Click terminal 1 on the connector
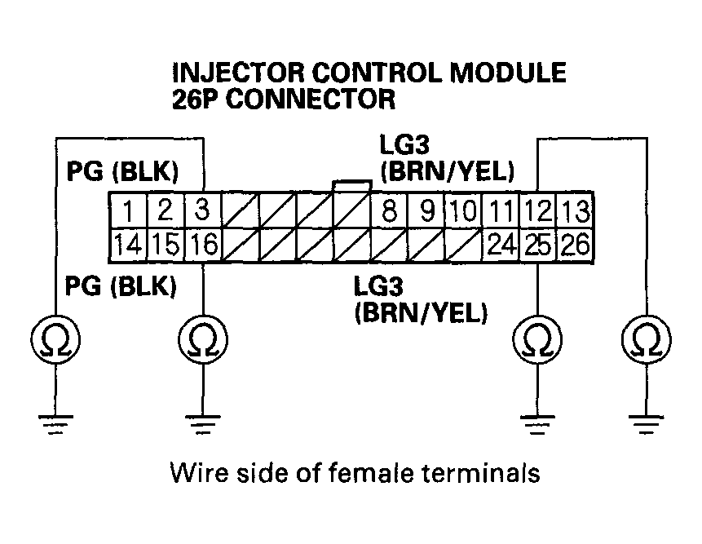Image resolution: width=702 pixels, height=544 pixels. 128,212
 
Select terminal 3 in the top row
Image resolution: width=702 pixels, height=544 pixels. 203,211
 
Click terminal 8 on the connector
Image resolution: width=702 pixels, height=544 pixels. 390,212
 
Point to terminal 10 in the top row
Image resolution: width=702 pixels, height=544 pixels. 462,212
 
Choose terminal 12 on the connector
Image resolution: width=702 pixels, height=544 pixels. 538,212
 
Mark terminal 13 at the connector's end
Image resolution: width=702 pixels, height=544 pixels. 576,212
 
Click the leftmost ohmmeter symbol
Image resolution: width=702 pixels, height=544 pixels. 54,339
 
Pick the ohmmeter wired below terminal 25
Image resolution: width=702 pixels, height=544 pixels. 536,339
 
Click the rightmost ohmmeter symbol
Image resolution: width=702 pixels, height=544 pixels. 646,339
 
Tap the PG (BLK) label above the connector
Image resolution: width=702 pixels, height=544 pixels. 121,172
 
